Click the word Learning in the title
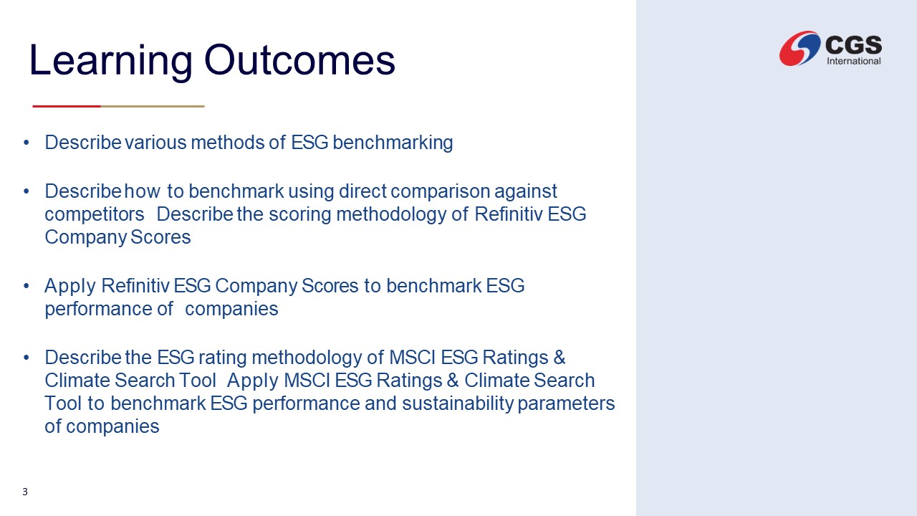(110, 61)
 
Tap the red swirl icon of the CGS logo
(800, 48)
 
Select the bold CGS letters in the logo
(853, 44)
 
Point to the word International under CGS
(853, 61)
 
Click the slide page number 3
(25, 492)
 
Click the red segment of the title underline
(67, 106)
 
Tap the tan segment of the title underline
(153, 106)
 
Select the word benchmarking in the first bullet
(393, 143)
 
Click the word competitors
(95, 214)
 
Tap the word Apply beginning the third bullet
(70, 286)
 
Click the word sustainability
(458, 403)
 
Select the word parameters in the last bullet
(566, 404)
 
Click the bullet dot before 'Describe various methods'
(27, 143)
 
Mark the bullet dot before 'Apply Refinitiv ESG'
(27, 286)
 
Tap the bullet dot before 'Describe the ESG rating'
(27, 358)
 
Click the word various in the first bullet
(155, 143)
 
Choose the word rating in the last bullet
(223, 358)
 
